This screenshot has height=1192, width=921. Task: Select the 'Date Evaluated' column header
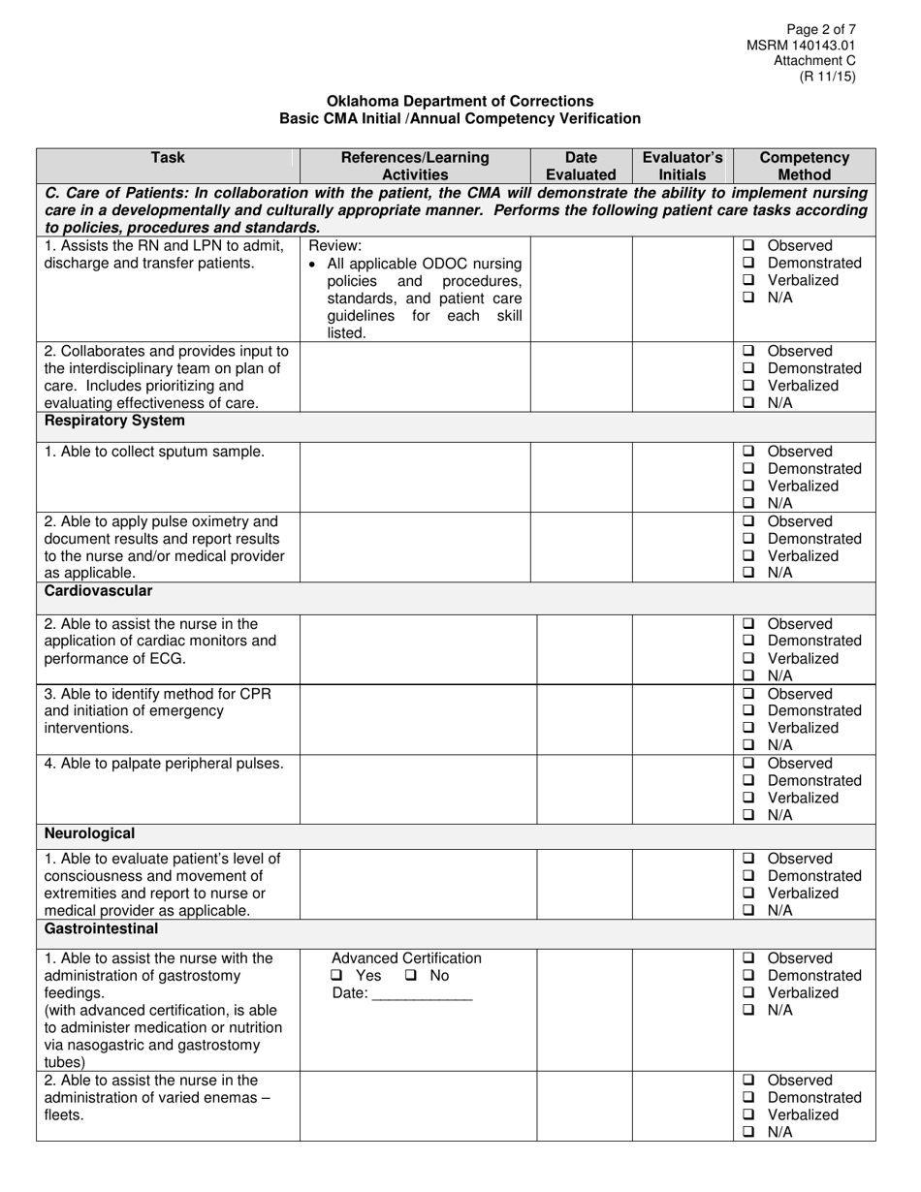coord(581,166)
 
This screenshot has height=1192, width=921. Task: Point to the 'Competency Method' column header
coord(805,166)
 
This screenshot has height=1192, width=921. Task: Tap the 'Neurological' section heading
coord(89,833)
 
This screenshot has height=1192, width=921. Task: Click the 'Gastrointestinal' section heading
coord(101,928)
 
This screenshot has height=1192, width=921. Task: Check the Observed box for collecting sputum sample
coord(748,452)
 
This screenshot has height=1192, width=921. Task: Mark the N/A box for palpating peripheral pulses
coord(748,815)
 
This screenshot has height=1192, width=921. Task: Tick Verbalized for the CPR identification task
coord(748,728)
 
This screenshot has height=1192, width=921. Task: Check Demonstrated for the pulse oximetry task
coord(748,539)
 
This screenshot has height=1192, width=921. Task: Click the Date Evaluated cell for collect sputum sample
coord(581,476)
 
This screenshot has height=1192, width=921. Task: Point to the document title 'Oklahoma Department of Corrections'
coord(460,101)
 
